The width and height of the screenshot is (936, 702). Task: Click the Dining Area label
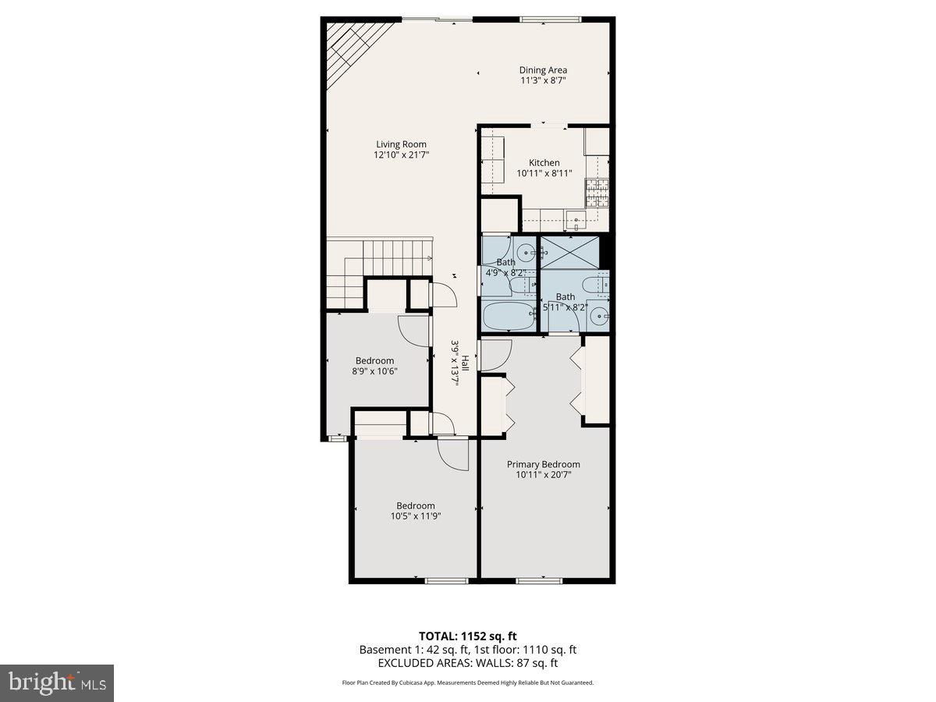tap(543, 70)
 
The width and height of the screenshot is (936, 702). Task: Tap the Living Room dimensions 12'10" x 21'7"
tap(401, 155)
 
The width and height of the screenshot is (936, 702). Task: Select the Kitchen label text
tap(544, 163)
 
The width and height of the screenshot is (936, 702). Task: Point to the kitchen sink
tap(576, 218)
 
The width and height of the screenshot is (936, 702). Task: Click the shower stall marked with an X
tap(570, 252)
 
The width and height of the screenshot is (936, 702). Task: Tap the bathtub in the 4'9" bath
tap(509, 317)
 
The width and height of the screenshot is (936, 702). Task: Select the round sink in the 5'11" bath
tap(598, 316)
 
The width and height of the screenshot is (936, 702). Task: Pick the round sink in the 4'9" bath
tap(527, 252)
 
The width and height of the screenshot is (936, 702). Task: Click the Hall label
tap(465, 363)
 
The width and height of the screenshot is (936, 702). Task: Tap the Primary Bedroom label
tap(543, 464)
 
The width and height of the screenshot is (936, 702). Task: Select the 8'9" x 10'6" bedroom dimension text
tap(374, 371)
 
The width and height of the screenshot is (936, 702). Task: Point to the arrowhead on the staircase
tap(429, 257)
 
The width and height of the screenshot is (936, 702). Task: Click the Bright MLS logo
tap(57, 683)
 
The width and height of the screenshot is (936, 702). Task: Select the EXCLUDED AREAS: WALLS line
tap(467, 663)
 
